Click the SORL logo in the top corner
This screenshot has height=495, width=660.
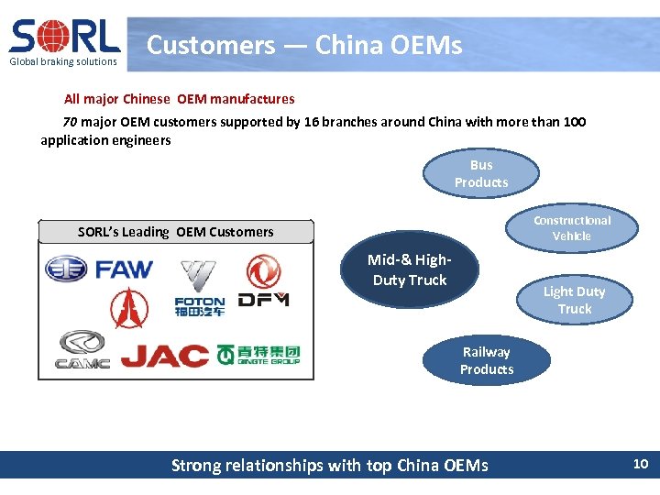(x=65, y=37)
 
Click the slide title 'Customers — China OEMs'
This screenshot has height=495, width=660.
(x=304, y=44)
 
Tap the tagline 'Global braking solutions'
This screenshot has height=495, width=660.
(x=64, y=61)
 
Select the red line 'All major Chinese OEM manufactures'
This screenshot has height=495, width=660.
(x=179, y=98)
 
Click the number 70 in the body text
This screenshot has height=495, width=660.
(x=70, y=122)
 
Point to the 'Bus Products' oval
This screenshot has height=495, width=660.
(x=481, y=173)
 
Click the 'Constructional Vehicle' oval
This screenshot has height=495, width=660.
(x=572, y=228)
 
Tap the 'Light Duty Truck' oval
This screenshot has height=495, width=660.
(x=574, y=300)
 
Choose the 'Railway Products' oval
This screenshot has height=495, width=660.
(x=487, y=360)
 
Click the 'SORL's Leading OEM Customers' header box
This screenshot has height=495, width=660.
(x=175, y=232)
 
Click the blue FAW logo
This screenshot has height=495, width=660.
(x=100, y=269)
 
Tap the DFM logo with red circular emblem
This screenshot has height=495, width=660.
(x=264, y=282)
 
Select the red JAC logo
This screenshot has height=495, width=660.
(x=165, y=355)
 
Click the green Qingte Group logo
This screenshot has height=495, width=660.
(x=258, y=354)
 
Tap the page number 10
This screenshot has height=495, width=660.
(x=640, y=464)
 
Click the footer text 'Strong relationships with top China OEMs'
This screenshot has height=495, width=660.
(x=330, y=466)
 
